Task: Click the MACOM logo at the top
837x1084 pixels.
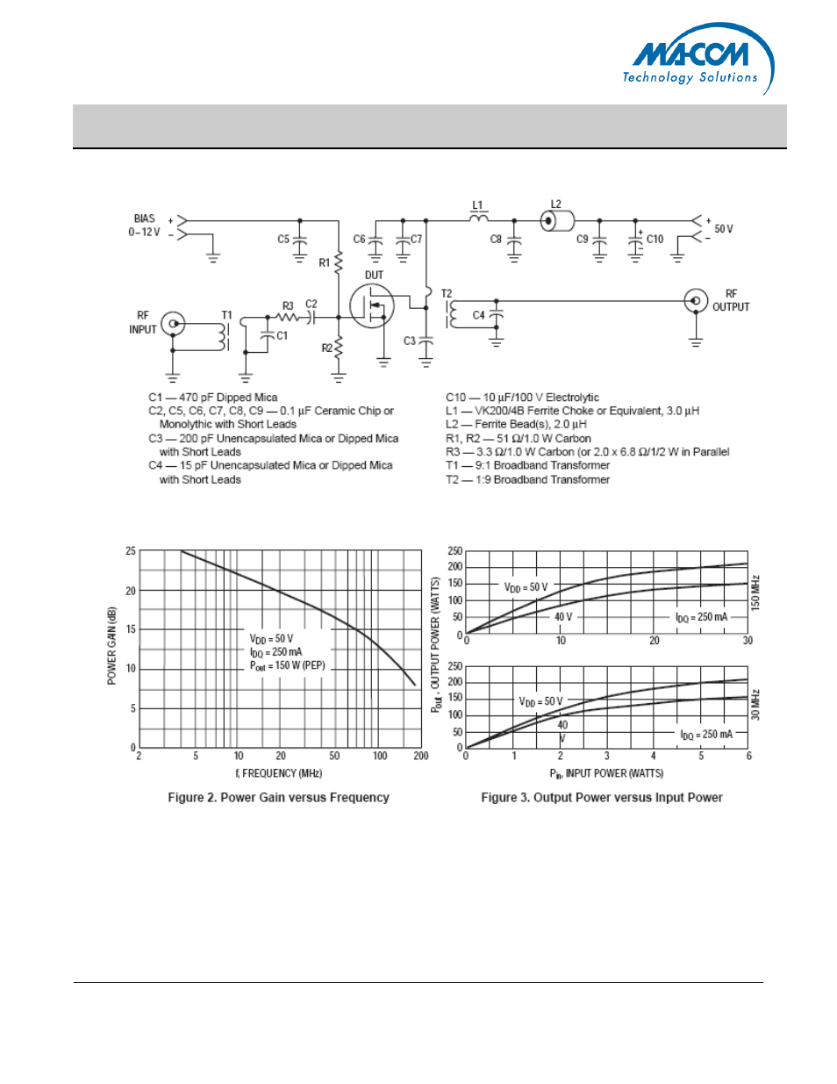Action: click(x=697, y=58)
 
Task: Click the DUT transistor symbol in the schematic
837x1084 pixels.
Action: click(x=372, y=306)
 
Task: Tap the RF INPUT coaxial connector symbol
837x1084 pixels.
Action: click(x=174, y=324)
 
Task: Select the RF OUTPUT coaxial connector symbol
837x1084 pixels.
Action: click(x=696, y=301)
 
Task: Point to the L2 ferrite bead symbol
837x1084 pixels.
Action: click(x=556, y=220)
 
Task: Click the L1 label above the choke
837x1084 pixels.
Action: click(x=477, y=206)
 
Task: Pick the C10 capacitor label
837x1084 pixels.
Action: click(x=655, y=239)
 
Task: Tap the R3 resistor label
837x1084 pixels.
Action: click(x=288, y=306)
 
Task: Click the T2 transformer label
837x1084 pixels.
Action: click(x=447, y=294)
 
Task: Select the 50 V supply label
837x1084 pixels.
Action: click(x=724, y=229)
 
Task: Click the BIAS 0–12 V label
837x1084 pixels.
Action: click(x=145, y=226)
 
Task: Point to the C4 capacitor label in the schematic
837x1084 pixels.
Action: click(x=478, y=315)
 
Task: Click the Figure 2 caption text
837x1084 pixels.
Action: click(x=278, y=798)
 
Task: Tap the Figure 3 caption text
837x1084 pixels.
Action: click(x=602, y=798)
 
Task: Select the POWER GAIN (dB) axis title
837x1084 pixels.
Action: click(x=111, y=646)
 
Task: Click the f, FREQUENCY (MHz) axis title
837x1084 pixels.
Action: click(x=278, y=773)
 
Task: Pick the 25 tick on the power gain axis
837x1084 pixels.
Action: click(x=131, y=551)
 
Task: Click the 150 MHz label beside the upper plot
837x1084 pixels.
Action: click(x=755, y=593)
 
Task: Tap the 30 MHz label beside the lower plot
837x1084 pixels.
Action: click(x=755, y=705)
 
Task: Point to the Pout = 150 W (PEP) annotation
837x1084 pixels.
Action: click(x=287, y=665)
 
